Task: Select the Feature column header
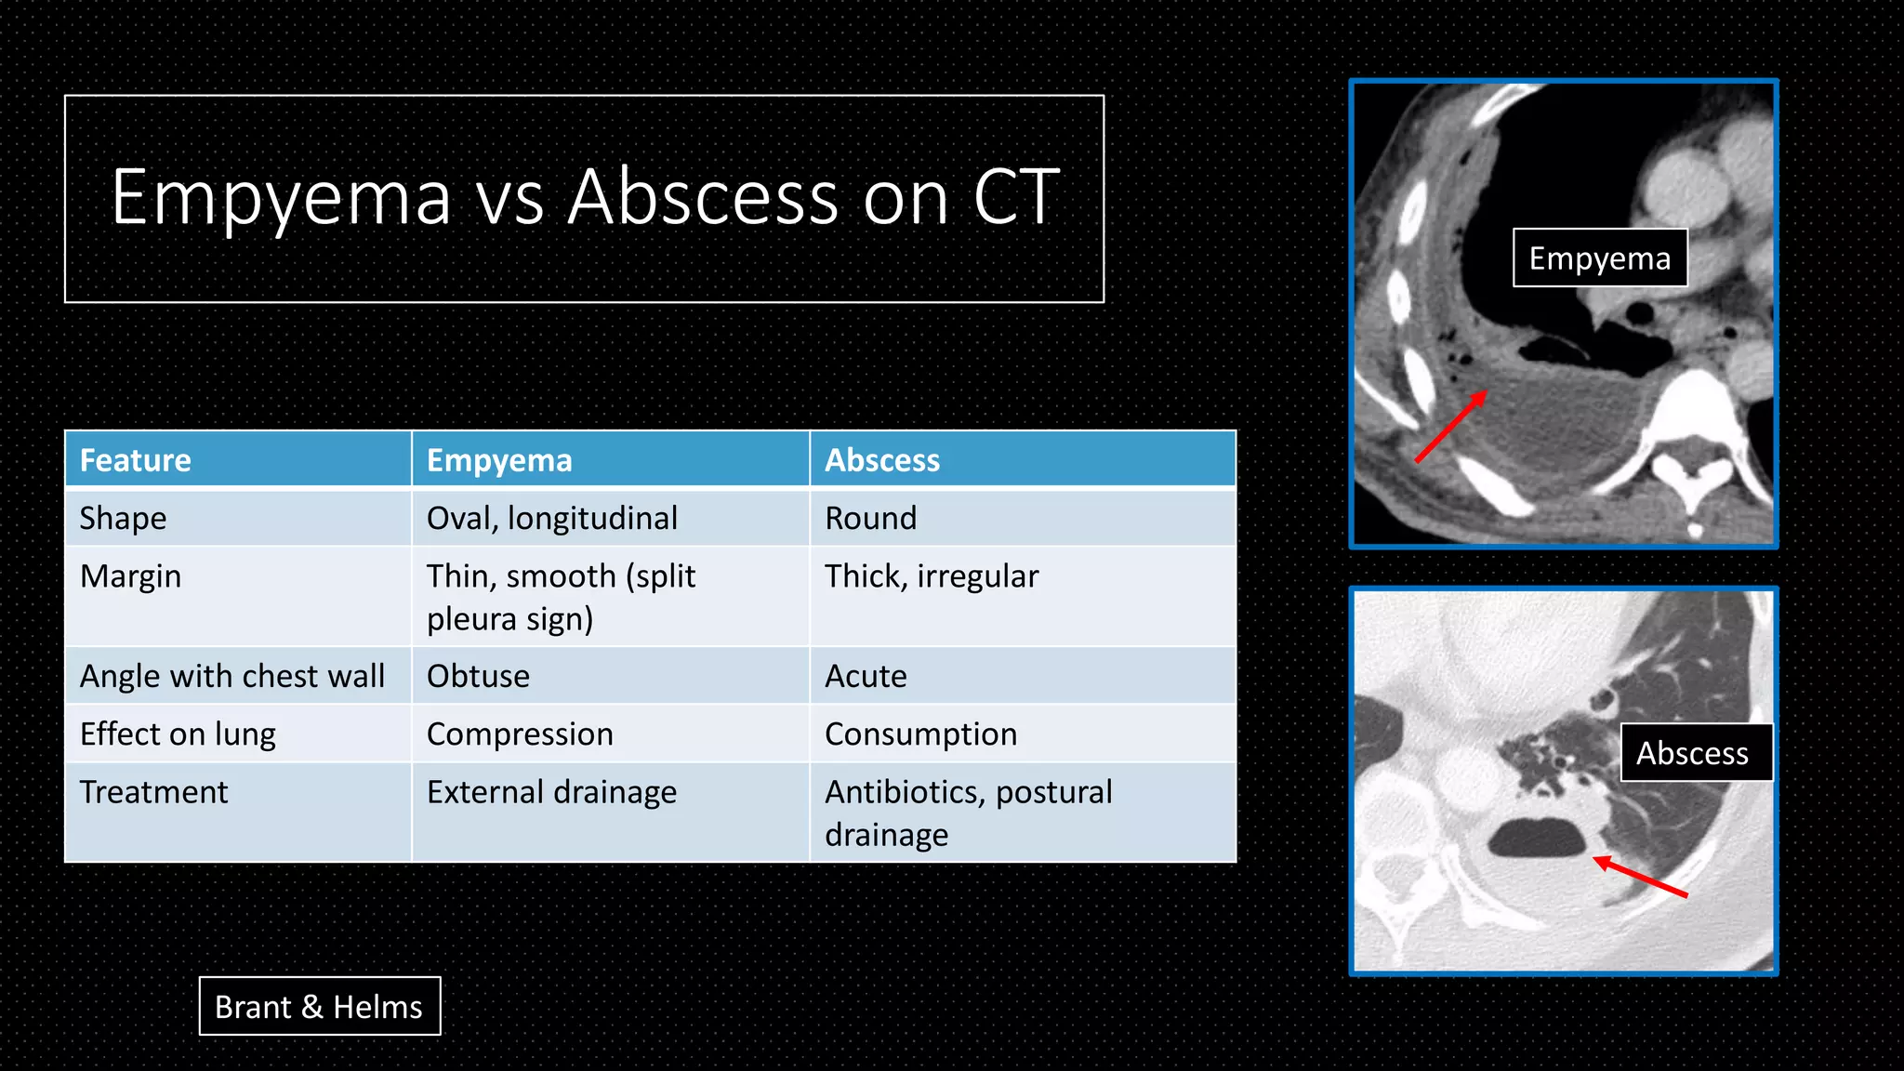pyautogui.click(x=136, y=460)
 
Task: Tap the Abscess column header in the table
pyautogui.click(x=882, y=460)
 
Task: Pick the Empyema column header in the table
pyautogui.click(x=499, y=460)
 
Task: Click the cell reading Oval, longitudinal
pyautogui.click(x=552, y=518)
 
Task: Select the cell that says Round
pyautogui.click(x=871, y=518)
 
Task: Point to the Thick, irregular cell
pyautogui.click(x=932, y=576)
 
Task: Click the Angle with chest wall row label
pyautogui.click(x=232, y=676)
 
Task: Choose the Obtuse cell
pyautogui.click(x=478, y=676)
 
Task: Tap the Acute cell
pyautogui.click(x=866, y=676)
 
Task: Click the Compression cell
pyautogui.click(x=520, y=734)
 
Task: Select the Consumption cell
pyautogui.click(x=920, y=734)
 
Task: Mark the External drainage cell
pyautogui.click(x=551, y=792)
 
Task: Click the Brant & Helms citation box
pyautogui.click(x=319, y=1006)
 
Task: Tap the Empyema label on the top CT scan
pyautogui.click(x=1599, y=258)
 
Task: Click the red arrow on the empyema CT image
pyautogui.click(x=1450, y=427)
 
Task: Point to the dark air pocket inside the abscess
pyautogui.click(x=1536, y=837)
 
